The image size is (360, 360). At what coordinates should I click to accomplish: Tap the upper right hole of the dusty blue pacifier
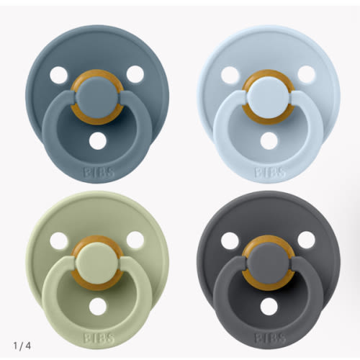click(x=134, y=74)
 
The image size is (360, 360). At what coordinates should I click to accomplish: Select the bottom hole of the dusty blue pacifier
click(x=96, y=141)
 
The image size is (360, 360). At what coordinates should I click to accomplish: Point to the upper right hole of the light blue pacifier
click(x=306, y=74)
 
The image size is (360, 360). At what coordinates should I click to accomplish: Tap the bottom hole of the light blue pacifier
click(x=268, y=141)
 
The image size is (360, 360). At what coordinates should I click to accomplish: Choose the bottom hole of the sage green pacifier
click(x=96, y=306)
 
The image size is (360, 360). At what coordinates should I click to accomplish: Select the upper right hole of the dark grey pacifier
click(x=306, y=240)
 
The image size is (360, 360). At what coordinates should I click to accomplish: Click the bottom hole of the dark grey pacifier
click(x=268, y=306)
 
